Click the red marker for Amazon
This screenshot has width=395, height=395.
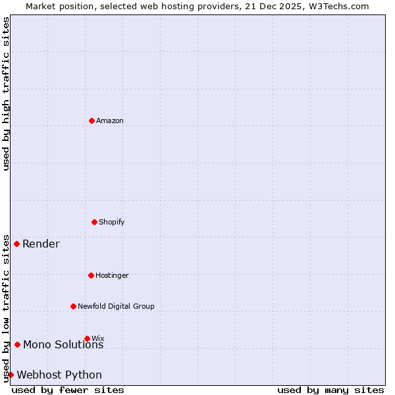92,120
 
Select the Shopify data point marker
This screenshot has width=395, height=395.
94,222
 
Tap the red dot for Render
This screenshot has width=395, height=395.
16,244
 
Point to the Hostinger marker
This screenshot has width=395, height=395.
91,275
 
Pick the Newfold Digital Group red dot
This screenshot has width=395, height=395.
73,306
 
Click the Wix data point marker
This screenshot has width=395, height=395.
87,338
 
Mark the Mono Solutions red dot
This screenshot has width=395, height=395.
17,344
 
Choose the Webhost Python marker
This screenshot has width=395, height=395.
11,375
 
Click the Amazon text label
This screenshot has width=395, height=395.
110,120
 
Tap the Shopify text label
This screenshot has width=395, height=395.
112,222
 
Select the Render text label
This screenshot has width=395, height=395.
41,244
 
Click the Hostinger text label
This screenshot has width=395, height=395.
112,275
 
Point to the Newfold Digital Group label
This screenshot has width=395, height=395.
116,306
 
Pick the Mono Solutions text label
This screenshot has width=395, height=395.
63,345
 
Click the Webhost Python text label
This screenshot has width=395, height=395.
59,375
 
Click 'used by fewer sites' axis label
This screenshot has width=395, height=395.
68,390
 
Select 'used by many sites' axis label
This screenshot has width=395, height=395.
330,390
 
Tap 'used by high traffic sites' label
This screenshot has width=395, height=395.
6,93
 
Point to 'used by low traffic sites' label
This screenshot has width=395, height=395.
6,308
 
